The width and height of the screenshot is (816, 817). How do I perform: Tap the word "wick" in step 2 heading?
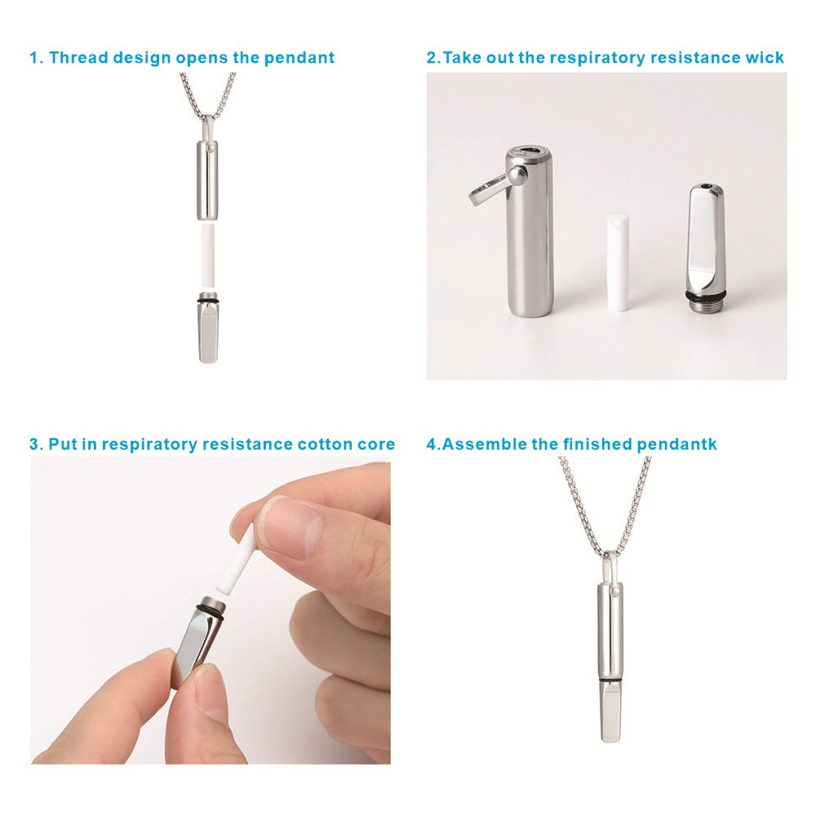click(765, 58)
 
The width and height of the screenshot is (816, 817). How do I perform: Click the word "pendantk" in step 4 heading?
click(678, 445)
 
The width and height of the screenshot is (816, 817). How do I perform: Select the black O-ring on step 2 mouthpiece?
click(703, 290)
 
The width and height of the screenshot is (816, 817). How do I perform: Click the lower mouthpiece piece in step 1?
click(207, 335)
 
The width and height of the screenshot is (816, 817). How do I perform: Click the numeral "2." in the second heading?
click(432, 58)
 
